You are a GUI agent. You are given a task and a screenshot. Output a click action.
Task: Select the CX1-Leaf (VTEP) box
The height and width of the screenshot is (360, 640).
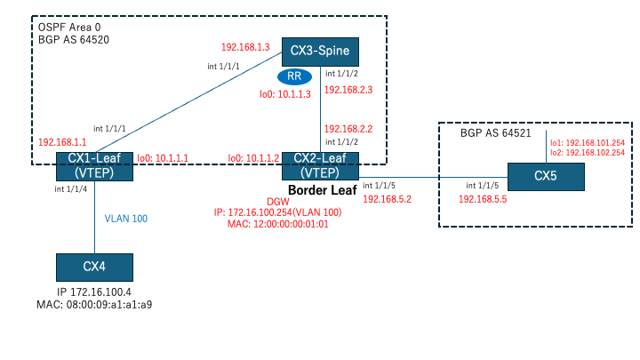[x=95, y=166]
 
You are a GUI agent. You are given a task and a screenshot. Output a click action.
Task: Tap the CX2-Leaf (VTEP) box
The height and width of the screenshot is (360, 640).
[x=320, y=166]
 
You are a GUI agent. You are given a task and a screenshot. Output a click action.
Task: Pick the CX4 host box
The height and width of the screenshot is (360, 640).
[x=94, y=267]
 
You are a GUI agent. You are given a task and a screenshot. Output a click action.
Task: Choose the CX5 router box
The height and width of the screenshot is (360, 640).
[x=546, y=176]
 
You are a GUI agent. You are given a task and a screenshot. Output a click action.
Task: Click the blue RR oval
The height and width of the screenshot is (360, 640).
[x=306, y=77]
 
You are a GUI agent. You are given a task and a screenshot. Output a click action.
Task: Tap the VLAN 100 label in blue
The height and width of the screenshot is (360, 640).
[x=125, y=217]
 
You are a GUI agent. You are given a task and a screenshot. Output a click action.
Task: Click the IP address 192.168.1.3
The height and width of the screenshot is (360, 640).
[x=244, y=46]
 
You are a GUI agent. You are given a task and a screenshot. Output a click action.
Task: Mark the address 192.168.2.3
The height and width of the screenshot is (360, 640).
[x=348, y=90]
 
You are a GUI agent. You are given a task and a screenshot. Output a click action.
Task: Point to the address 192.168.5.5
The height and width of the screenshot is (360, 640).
[x=483, y=200]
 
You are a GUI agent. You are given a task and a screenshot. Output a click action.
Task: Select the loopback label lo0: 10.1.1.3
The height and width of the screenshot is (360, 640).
[x=285, y=94]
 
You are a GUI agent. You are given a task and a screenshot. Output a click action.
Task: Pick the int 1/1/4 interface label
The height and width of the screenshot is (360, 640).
[x=70, y=189]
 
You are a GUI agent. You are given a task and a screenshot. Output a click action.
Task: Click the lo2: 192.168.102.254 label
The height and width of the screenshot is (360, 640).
[x=587, y=152]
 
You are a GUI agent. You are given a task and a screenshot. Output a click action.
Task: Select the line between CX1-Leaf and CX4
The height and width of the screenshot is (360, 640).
[x=94, y=219]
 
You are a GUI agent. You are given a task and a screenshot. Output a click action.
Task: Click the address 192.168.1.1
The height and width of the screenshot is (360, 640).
[x=62, y=141]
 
